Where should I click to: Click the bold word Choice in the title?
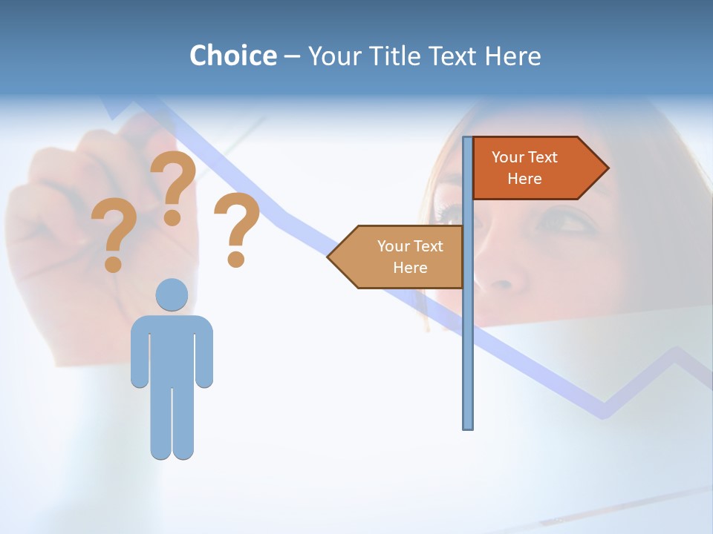coord(232,56)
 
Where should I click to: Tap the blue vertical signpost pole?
coord(467,334)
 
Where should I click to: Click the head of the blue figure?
coord(172,294)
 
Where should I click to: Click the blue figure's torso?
coord(172,349)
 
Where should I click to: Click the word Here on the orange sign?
coord(524,179)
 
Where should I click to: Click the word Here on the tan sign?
coord(410,268)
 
